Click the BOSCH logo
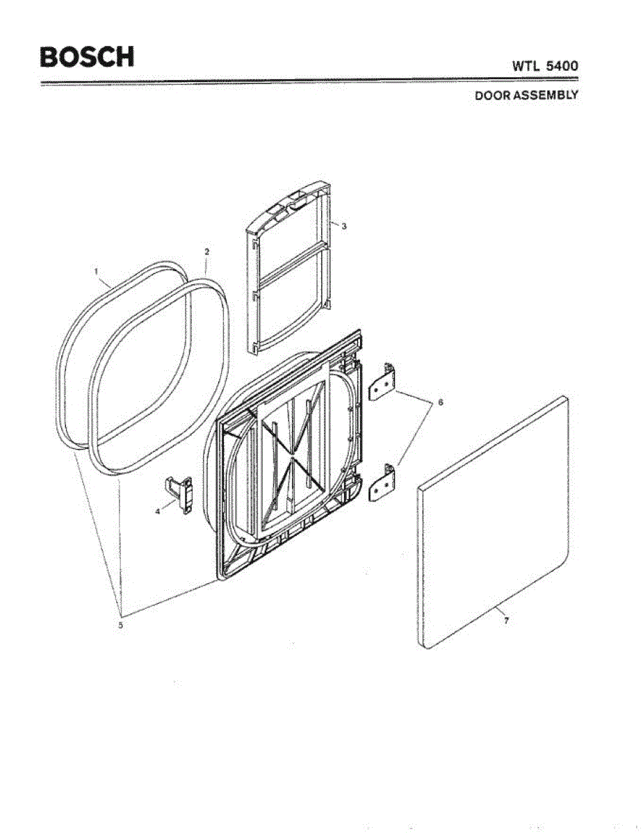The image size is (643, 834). pyautogui.click(x=87, y=56)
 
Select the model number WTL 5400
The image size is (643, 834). pyautogui.click(x=545, y=66)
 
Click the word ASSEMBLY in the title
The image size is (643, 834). pyautogui.click(x=546, y=96)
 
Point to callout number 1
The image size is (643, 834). pyautogui.click(x=97, y=272)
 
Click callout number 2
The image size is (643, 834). pyautogui.click(x=206, y=250)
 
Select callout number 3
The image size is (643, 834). pyautogui.click(x=343, y=226)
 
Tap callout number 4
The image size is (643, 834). pyautogui.click(x=158, y=512)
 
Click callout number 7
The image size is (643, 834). pyautogui.click(x=506, y=621)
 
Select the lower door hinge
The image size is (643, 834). pyautogui.click(x=382, y=482)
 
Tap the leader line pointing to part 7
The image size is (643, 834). pyautogui.click(x=494, y=612)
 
